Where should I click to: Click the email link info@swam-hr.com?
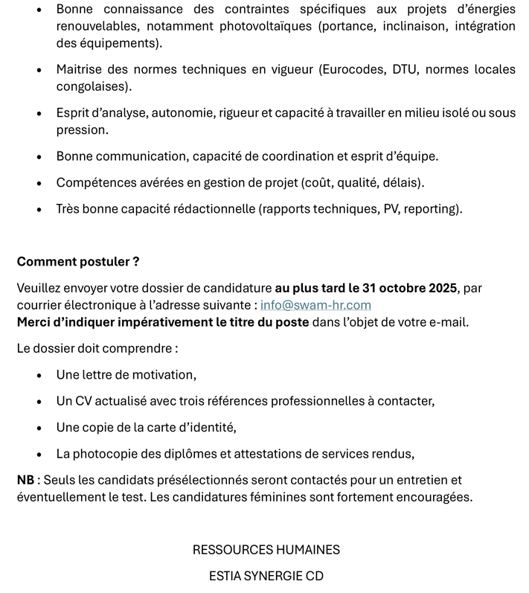coord(315,305)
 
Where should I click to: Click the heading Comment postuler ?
coord(78,262)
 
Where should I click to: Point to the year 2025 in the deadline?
coord(438,288)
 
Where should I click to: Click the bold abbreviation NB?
coord(25,480)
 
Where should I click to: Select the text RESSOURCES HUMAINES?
coord(266,550)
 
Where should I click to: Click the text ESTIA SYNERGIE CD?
coord(266,576)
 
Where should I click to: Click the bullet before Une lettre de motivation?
coord(39,376)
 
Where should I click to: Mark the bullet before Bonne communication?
coord(39,157)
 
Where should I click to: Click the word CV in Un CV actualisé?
coord(84,401)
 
